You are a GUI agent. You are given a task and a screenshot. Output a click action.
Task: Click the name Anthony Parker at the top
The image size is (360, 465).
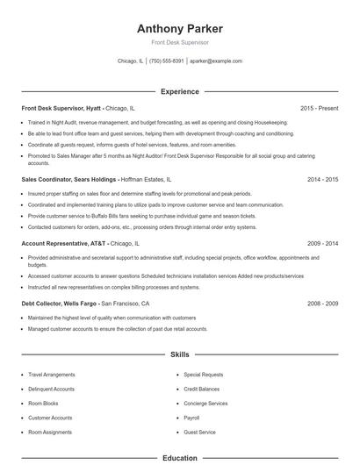tap(179, 28)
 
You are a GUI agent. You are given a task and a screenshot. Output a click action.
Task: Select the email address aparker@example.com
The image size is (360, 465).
tap(215, 61)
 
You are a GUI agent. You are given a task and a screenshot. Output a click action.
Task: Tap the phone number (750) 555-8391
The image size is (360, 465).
tap(166, 61)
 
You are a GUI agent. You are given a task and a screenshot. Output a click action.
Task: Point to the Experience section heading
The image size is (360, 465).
tap(179, 91)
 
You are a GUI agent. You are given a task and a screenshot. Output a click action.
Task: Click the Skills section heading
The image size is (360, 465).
tap(179, 355)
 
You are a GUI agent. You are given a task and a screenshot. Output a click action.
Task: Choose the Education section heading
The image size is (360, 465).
tap(179, 457)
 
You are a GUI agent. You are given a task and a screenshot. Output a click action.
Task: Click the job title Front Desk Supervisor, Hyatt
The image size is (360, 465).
tap(61, 108)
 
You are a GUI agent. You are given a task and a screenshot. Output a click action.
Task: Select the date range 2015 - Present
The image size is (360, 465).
tap(319, 108)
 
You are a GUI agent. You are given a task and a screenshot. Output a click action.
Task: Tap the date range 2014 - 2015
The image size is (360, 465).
tap(322, 178)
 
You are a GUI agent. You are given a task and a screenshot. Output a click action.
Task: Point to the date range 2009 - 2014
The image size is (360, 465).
tap(322, 243)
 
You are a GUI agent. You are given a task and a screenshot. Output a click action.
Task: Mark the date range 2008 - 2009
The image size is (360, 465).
tap(322, 303)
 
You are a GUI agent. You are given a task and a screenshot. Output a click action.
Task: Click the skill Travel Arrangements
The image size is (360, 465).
tap(52, 375)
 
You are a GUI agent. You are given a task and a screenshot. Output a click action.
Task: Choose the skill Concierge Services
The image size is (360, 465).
tap(205, 404)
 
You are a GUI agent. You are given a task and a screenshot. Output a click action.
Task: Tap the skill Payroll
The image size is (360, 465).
tap(191, 418)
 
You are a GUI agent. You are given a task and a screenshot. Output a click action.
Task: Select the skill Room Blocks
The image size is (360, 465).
tap(42, 404)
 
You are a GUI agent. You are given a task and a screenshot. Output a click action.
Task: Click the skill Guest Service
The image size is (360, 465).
tap(199, 433)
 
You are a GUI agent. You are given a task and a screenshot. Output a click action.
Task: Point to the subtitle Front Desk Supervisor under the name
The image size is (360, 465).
tap(179, 42)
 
